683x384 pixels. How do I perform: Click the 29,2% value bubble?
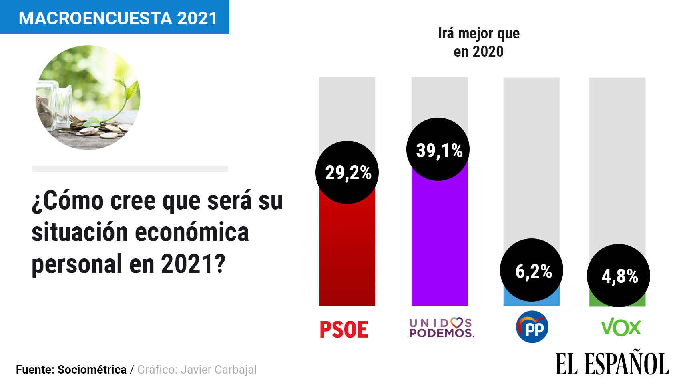(x=347, y=172)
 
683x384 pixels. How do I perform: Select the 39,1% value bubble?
(x=438, y=149)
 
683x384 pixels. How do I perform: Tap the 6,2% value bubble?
(x=532, y=270)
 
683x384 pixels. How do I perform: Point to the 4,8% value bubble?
(x=619, y=276)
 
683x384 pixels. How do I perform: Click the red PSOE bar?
(x=347, y=252)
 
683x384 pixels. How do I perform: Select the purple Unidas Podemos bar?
(x=440, y=240)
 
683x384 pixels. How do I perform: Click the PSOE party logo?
(x=344, y=329)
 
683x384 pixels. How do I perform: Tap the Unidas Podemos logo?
(x=442, y=328)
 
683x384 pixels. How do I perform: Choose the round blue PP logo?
(x=532, y=327)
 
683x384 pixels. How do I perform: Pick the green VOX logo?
(x=621, y=328)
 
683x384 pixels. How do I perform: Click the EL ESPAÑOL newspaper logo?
(x=612, y=364)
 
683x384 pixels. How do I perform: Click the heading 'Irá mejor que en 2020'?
(x=479, y=42)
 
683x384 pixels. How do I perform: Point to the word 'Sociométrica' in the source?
(x=92, y=370)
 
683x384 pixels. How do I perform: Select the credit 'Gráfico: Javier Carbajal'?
(x=197, y=370)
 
